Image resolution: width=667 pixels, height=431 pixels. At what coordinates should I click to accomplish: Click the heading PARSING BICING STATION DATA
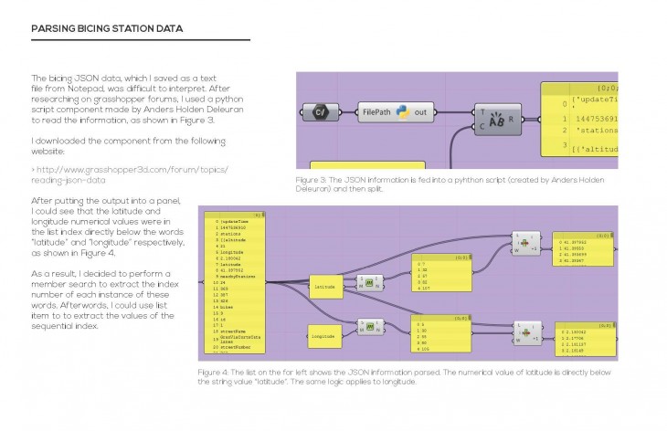[107, 29]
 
